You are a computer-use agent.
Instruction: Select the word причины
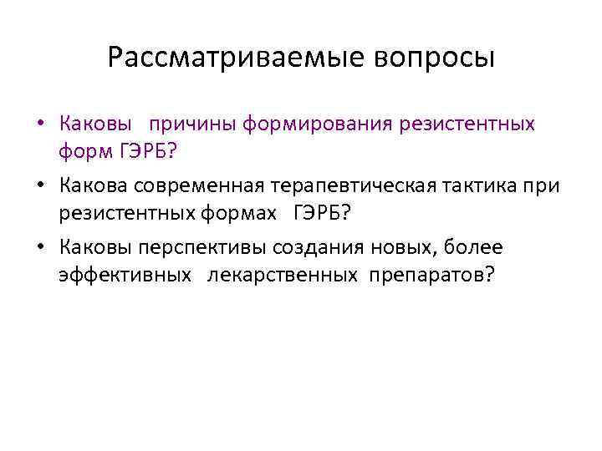[x=193, y=125]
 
